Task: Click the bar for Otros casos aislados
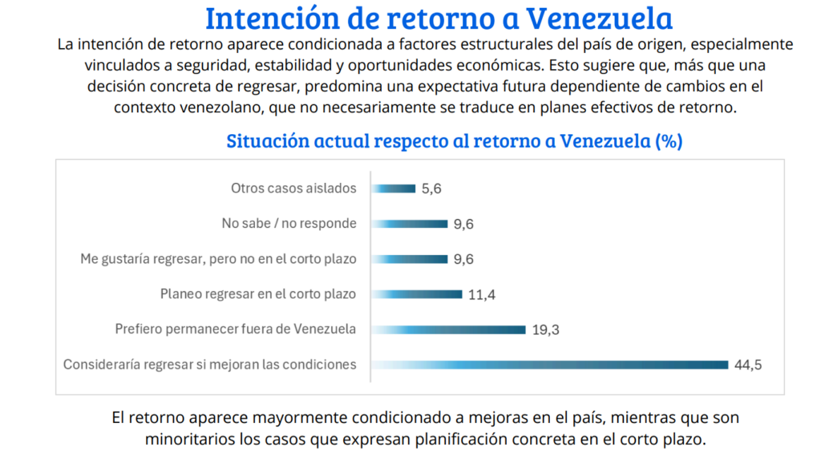click(393, 189)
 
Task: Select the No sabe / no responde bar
click(409, 224)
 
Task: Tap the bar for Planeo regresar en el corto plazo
click(416, 294)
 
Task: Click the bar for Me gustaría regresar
click(409, 259)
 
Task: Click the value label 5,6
click(432, 189)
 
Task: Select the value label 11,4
click(482, 294)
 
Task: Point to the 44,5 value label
click(747, 365)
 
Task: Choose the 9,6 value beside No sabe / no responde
click(463, 225)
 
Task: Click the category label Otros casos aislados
click(293, 189)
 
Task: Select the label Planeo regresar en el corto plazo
click(258, 294)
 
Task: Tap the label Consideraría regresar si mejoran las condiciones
click(209, 364)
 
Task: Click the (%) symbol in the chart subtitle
click(669, 141)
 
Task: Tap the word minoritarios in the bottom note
click(187, 440)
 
